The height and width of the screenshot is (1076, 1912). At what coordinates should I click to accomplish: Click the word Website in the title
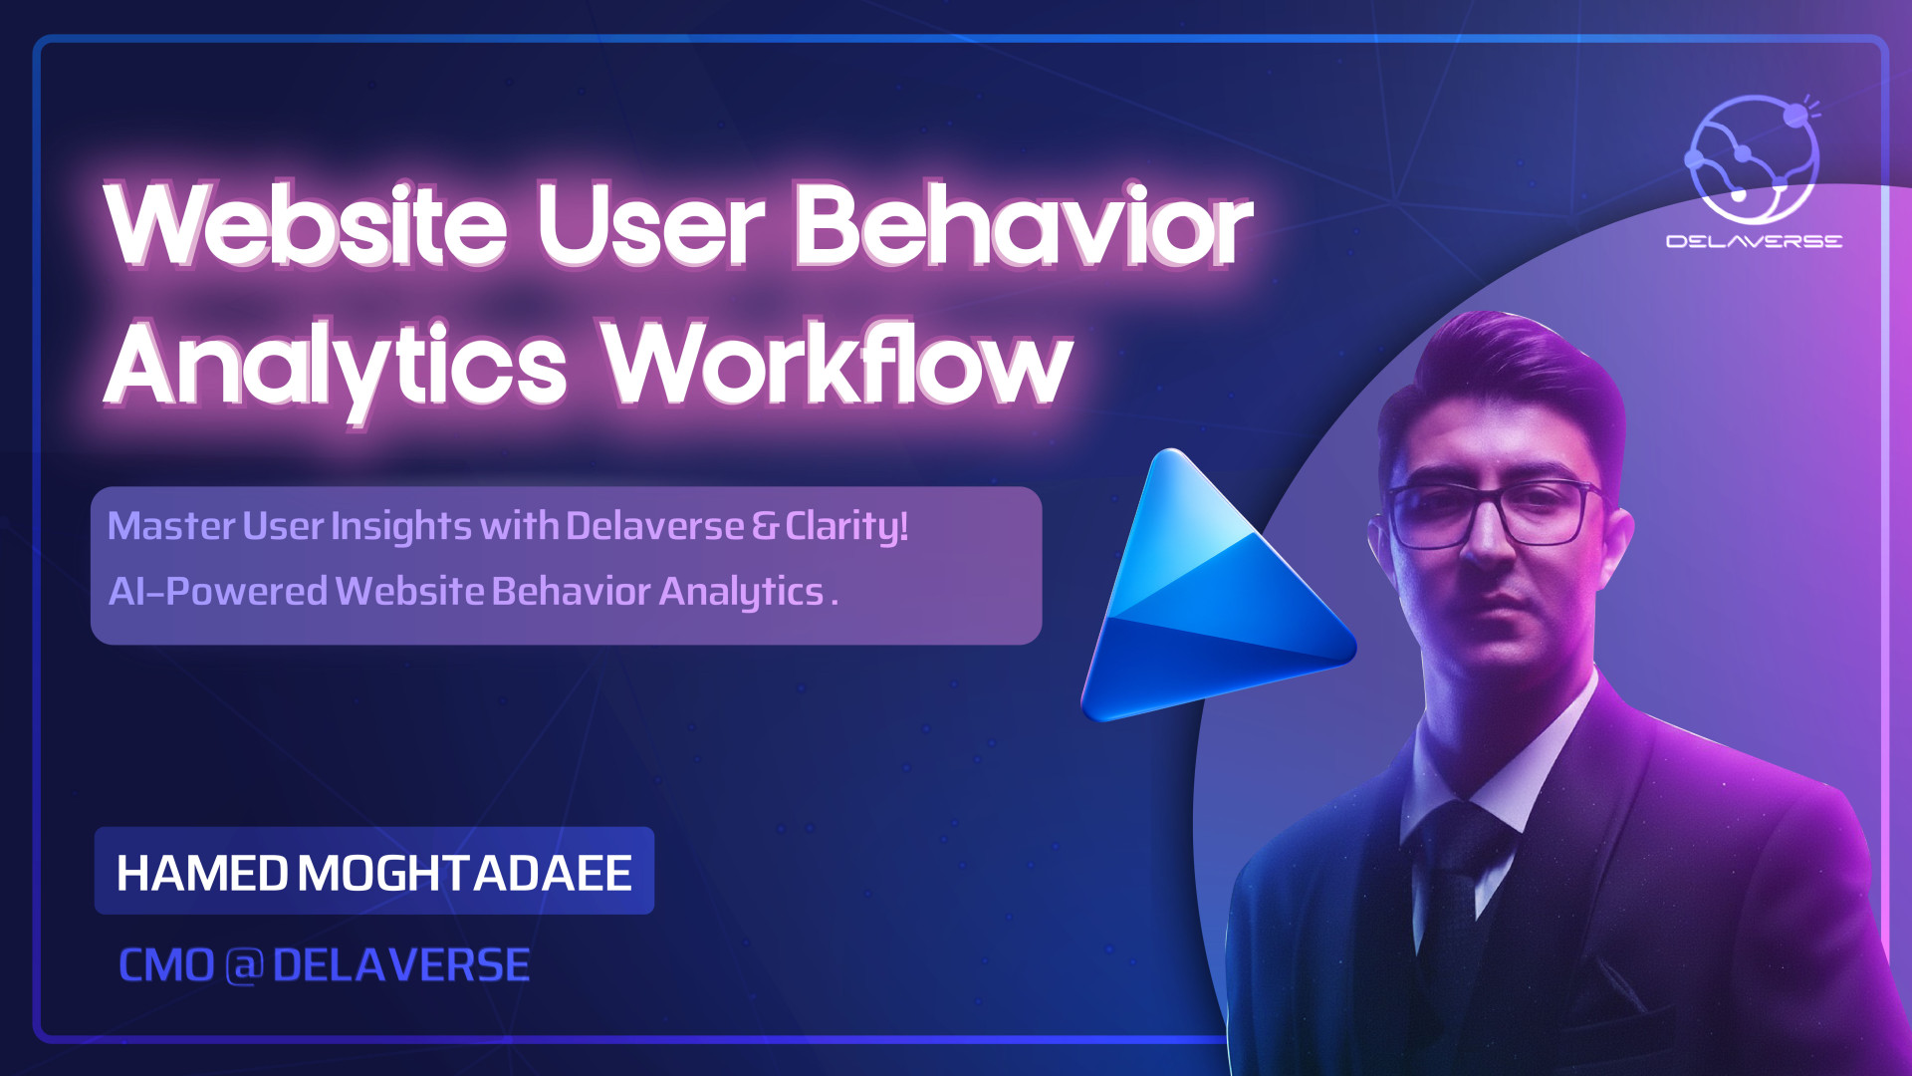[306, 226]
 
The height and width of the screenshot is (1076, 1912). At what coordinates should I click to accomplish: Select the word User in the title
[651, 226]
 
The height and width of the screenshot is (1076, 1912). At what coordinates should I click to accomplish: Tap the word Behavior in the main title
[1024, 226]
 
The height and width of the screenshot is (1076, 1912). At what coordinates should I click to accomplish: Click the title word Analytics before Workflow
[336, 369]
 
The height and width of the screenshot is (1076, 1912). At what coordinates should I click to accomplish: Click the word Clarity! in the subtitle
[846, 527]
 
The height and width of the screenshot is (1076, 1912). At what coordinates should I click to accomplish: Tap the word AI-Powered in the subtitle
[218, 592]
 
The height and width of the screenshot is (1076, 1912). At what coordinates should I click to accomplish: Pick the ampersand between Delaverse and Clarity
[765, 526]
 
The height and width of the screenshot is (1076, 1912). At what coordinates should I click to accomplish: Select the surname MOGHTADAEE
[465, 874]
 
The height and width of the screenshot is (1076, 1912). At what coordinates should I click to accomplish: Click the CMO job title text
[166, 965]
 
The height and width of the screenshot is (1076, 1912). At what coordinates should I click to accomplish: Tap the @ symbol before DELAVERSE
[244, 966]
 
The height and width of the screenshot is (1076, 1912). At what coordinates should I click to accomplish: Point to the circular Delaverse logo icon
[1752, 159]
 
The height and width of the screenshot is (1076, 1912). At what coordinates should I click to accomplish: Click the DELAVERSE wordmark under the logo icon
[1754, 241]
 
